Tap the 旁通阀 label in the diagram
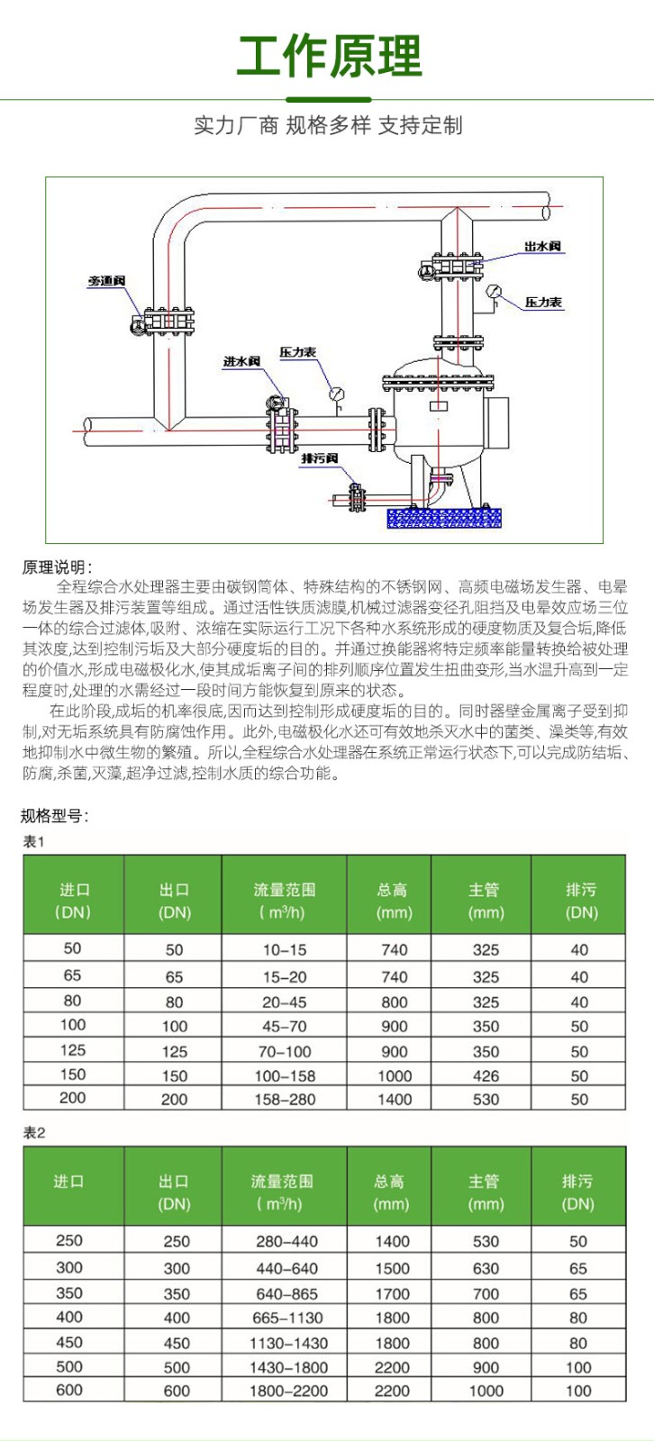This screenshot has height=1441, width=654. point(106,282)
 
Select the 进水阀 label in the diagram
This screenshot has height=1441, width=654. point(241,361)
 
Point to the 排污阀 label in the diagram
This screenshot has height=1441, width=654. point(320,459)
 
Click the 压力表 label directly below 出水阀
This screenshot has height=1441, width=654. point(543,303)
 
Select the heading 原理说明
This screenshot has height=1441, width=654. point(56,567)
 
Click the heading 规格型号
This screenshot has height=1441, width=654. point(54,817)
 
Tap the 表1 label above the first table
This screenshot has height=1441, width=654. point(33,842)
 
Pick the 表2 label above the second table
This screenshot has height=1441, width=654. point(33,1133)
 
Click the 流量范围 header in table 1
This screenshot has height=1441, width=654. point(284,891)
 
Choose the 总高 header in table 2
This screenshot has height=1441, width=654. point(389,1182)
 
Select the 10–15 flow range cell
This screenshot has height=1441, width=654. point(285,949)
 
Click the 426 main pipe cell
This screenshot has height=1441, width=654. point(486,1075)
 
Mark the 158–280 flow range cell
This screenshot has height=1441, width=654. point(285,1100)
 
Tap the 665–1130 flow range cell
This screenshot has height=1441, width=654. point(286,1318)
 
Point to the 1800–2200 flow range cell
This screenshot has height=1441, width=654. point(286,1391)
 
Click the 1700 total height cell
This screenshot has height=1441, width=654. point(392,1293)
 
